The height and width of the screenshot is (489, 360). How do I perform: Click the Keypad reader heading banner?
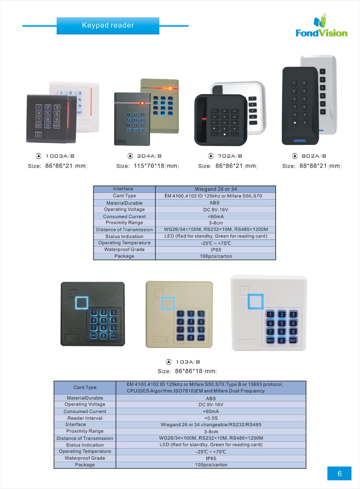[108, 26]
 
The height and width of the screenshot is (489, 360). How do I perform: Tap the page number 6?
[339, 473]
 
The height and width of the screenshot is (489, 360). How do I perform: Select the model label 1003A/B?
[60, 156]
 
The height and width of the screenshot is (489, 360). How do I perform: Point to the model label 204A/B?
[149, 156]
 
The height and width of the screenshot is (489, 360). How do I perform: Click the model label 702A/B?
[230, 156]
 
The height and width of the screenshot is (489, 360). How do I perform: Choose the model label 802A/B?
[314, 156]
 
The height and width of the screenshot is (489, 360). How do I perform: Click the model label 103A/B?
[188, 362]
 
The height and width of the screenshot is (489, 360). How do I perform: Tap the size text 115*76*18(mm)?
[156, 166]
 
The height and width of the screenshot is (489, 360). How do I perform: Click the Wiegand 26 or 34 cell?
[216, 189]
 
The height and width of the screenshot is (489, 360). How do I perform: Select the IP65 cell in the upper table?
[216, 250]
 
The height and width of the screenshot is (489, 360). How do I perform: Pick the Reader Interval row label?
[85, 418]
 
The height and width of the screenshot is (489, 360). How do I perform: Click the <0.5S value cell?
[211, 418]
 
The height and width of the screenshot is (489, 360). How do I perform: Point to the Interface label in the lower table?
[76, 425]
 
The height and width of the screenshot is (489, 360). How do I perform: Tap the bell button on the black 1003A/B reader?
[38, 134]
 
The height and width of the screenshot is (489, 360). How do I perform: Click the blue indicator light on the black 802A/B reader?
[299, 141]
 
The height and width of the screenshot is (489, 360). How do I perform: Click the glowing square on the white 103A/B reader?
[255, 301]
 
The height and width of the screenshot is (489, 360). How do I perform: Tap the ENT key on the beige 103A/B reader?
[201, 337]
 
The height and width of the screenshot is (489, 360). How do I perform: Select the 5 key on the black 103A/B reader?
[104, 320]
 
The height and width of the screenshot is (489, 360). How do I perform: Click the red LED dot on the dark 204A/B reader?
[142, 103]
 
